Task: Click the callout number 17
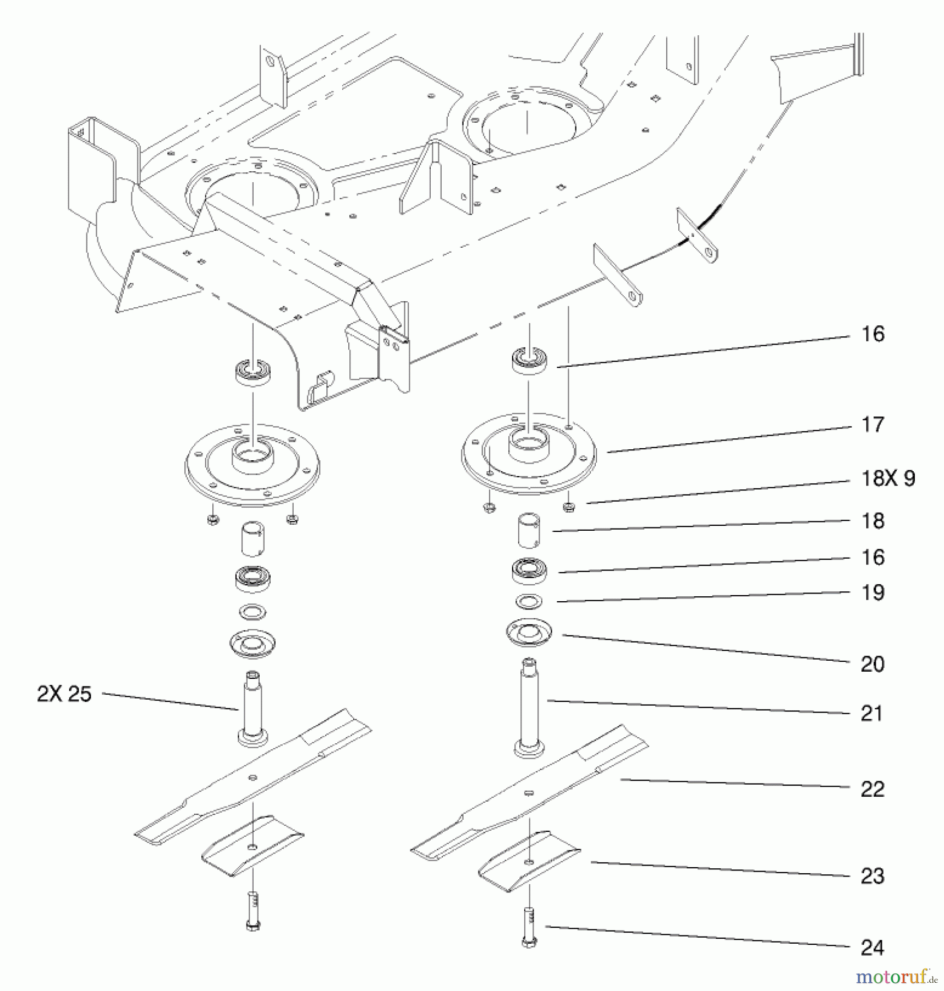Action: (872, 425)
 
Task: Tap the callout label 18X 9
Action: (888, 478)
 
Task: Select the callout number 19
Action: (872, 593)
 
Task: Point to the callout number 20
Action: (872, 665)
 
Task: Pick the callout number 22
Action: (872, 789)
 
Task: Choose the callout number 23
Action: (872, 876)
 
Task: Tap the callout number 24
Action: (872, 948)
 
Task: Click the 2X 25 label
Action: (64, 694)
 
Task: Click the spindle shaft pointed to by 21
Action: (529, 710)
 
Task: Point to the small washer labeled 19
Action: (529, 601)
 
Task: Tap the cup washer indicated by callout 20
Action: (529, 633)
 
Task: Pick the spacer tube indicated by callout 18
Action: (529, 531)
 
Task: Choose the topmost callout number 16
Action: (872, 334)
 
